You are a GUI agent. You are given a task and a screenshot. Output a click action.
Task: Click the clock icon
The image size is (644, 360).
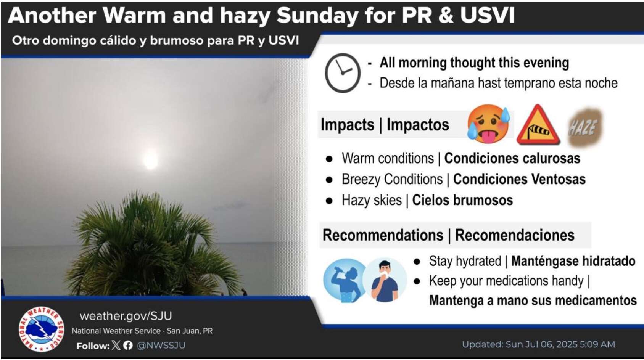tap(343, 73)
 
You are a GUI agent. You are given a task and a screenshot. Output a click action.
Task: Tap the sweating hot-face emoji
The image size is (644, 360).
tap(488, 124)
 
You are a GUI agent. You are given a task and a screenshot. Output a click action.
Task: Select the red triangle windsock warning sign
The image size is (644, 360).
tap(538, 125)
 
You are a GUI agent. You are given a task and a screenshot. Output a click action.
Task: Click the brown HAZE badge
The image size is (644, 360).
tap(584, 127)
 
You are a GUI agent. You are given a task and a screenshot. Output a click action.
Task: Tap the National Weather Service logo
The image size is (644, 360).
tap(42, 329)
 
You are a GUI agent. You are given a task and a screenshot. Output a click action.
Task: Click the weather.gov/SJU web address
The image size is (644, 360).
tap(126, 316)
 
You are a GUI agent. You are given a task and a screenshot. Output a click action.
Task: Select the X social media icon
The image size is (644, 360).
tap(116, 345)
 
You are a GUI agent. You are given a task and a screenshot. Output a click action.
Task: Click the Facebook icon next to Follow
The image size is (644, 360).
tap(128, 345)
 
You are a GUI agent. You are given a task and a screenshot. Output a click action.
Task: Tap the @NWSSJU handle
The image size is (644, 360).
tap(161, 345)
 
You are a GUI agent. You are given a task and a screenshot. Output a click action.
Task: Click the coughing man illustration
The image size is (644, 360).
tap(385, 280)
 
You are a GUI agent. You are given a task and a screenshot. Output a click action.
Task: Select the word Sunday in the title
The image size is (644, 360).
tap(317, 16)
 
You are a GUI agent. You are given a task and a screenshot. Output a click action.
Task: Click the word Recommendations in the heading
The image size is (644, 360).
tap(383, 235)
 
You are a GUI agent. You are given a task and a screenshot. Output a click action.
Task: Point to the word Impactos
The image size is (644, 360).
tap(418, 125)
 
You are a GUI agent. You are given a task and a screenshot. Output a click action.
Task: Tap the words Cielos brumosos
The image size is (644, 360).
tap(462, 200)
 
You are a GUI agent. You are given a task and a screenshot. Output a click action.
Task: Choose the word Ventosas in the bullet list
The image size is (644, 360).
tap(558, 179)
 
